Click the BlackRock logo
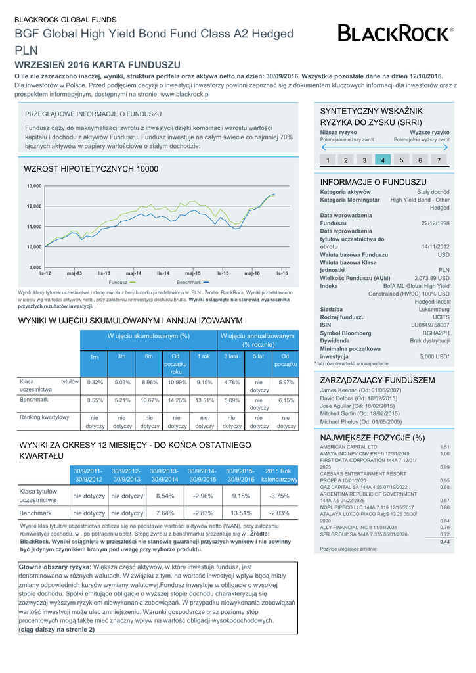point(395,33)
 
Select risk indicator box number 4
point(382,160)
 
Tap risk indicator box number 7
point(439,160)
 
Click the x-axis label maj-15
point(192,273)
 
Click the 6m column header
point(149,356)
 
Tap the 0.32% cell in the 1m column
point(95,382)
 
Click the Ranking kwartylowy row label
point(45,417)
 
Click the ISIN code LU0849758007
point(430,325)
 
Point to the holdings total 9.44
point(444,542)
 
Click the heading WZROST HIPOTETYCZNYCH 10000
point(91,169)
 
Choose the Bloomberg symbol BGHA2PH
point(436,333)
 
